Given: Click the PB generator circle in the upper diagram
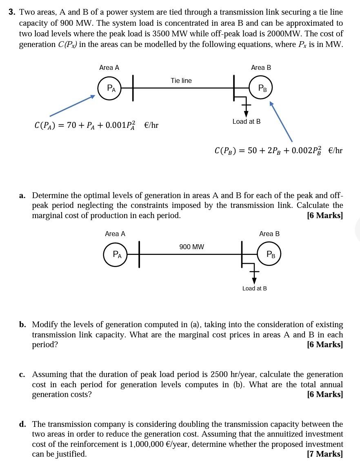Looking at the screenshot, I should coord(260,88).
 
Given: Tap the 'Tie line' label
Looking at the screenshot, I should coord(181,80).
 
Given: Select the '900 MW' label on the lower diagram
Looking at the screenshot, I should coord(191,247).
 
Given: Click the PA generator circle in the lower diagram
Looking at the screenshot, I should coord(116,254).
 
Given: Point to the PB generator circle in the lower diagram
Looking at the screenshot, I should coord(270,254).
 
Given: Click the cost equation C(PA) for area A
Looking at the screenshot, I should coord(96,125).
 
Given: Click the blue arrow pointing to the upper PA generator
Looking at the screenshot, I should coord(73,106).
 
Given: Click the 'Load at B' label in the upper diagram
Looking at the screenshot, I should coord(246,121).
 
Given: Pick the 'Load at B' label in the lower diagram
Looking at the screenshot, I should coord(254,288).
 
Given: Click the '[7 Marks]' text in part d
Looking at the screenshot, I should coord(325,454).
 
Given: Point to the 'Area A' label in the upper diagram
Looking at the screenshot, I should coord(109,67).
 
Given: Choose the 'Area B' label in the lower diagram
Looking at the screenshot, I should coord(269,234).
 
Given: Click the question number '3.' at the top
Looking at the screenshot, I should coord(12,12).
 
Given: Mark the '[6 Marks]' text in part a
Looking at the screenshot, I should coord(325,215).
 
